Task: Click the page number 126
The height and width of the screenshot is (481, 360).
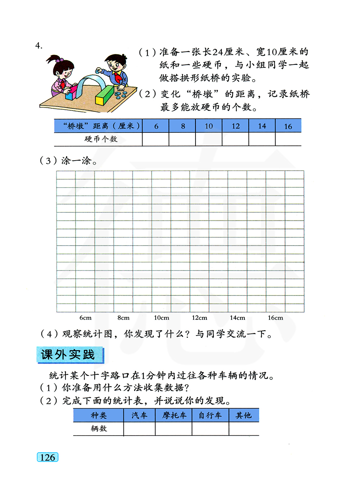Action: [x=48, y=457]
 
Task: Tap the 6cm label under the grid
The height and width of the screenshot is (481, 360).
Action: [x=85, y=318]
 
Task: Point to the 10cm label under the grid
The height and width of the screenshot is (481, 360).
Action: [x=161, y=318]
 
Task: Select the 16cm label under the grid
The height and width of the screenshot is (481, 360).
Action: [x=275, y=318]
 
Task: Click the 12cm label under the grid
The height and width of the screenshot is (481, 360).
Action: [x=199, y=318]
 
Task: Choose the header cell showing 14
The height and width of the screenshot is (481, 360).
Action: [x=262, y=126]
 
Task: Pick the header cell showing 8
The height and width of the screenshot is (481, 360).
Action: [x=183, y=126]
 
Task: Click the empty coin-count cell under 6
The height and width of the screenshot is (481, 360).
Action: [x=156, y=139]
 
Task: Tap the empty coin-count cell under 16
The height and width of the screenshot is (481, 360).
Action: [x=288, y=139]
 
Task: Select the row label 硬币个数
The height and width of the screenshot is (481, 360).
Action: [x=101, y=139]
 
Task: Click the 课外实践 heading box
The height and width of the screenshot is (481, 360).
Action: [x=69, y=355]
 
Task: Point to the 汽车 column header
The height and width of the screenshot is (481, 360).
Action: [x=139, y=415]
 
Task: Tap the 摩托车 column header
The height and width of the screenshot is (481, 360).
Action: [x=174, y=415]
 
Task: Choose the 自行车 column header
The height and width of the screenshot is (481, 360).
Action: [x=210, y=415]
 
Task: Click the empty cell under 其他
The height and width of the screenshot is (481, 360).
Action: [x=244, y=429]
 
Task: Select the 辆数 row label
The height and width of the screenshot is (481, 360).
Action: [x=99, y=429]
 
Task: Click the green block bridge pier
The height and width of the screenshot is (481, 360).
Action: [x=104, y=95]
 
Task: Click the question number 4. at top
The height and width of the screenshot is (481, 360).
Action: [x=39, y=46]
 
